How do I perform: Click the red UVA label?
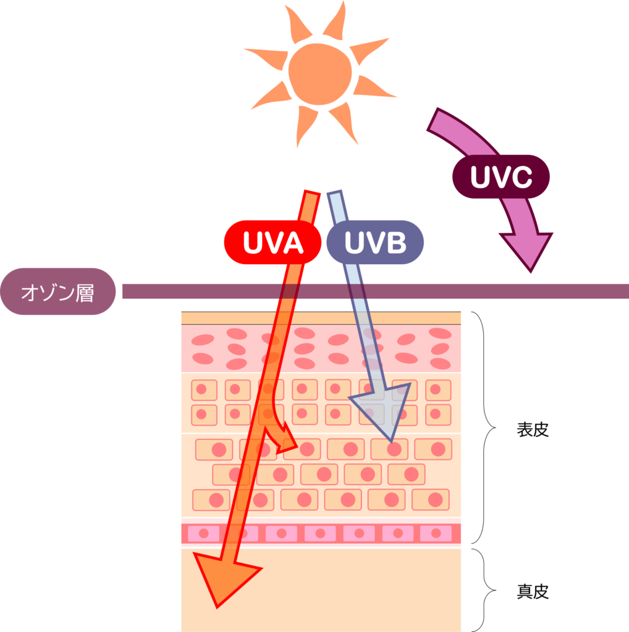pyautogui.click(x=272, y=242)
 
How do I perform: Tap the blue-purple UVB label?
pyautogui.click(x=375, y=242)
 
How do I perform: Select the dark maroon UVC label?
pyautogui.click(x=500, y=177)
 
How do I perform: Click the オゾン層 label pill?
pyautogui.click(x=57, y=291)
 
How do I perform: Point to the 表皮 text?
pyautogui.click(x=533, y=430)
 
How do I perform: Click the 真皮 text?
pyautogui.click(x=533, y=591)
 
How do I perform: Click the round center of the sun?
pyautogui.click(x=319, y=74)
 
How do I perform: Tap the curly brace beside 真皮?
pyautogui.click(x=484, y=590)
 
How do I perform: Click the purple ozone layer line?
pyautogui.click(x=375, y=291)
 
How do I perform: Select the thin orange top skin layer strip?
pyautogui.click(x=321, y=318)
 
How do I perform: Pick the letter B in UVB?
pyautogui.click(x=395, y=243)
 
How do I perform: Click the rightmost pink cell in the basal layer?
pyautogui.click(x=436, y=533)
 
